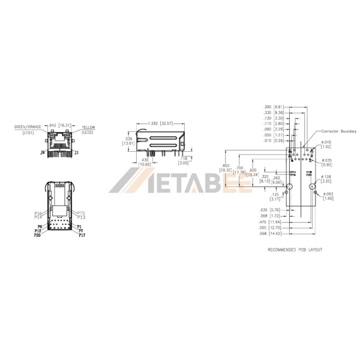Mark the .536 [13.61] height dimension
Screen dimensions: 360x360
128,141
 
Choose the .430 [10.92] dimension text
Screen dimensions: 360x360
145,161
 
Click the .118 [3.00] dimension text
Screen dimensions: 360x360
184,160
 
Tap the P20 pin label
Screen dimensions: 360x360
37,235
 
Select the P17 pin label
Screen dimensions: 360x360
82,235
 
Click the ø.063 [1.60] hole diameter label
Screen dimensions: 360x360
326,196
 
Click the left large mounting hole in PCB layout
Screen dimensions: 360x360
290,188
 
